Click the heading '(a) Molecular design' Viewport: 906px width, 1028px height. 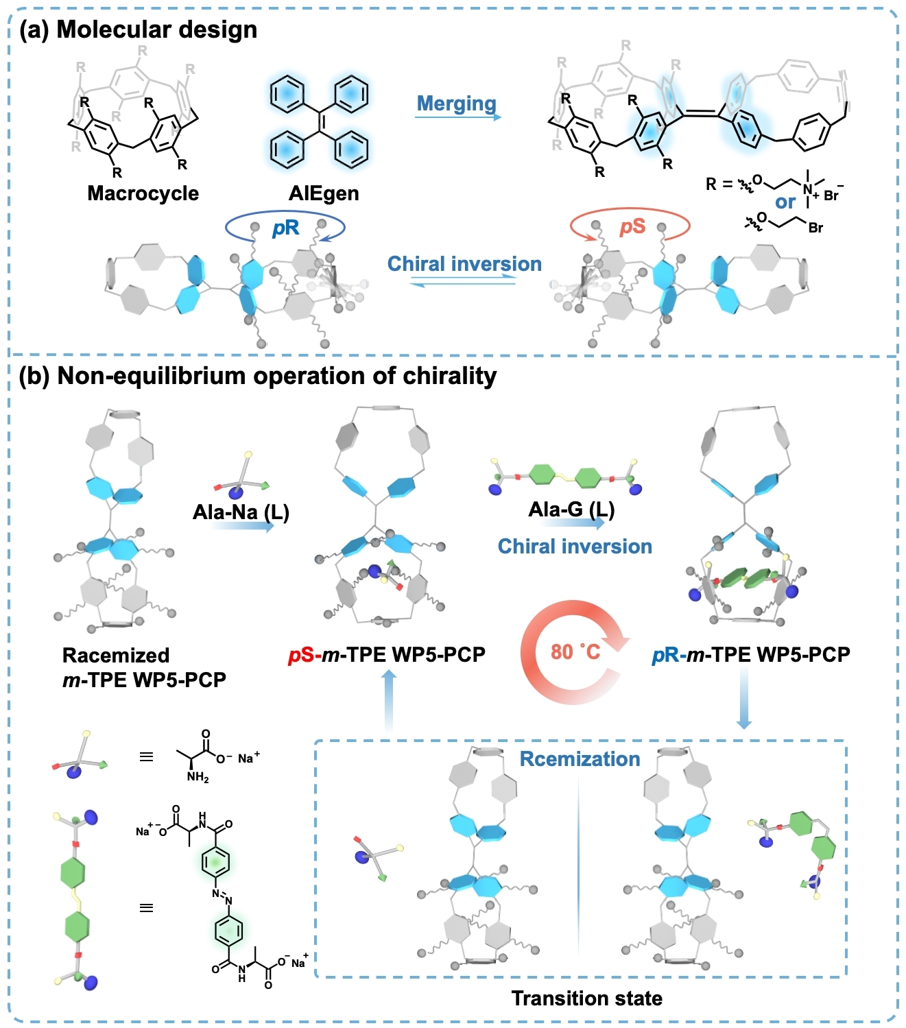tap(138, 29)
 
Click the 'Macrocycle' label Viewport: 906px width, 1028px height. tap(143, 193)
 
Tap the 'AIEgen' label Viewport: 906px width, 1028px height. tap(324, 193)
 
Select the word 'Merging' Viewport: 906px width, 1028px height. tap(457, 104)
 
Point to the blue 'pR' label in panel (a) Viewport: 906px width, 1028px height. tap(285, 227)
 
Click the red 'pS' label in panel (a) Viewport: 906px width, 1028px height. tap(632, 226)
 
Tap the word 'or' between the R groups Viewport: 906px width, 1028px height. tap(785, 202)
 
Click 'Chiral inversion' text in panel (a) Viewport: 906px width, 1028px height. tap(464, 264)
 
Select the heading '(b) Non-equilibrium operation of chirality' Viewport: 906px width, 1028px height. tap(257, 376)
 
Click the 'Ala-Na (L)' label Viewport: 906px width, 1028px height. tap(241, 512)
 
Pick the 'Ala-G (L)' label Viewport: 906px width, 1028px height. tap(571, 510)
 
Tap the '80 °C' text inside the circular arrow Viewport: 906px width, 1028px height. tap(575, 652)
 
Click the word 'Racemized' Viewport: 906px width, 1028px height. tap(116, 656)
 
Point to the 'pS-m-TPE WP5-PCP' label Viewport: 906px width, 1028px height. tap(387, 655)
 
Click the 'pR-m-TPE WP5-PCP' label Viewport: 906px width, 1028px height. tap(751, 655)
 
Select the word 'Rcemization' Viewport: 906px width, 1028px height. tap(580, 759)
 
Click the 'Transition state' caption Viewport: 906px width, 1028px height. tap(587, 999)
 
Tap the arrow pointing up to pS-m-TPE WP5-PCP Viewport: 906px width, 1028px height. tap(389, 700)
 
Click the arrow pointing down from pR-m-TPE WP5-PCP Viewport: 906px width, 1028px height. tap(744, 700)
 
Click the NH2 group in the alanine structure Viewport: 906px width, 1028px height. tap(198, 778)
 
